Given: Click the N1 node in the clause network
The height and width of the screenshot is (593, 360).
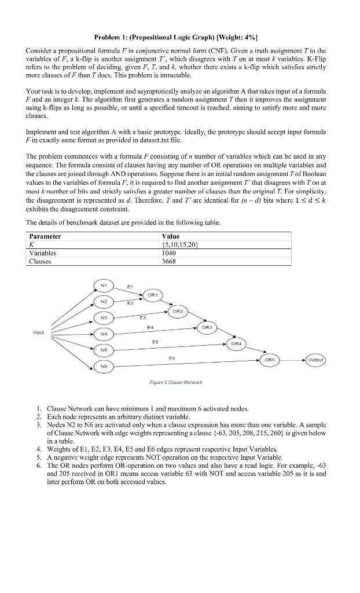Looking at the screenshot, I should click(x=103, y=285).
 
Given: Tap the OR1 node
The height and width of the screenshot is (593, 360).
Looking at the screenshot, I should click(x=152, y=295).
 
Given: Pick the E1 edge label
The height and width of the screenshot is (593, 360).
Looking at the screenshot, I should click(x=130, y=285).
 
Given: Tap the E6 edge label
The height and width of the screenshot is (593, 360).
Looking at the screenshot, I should click(x=172, y=358).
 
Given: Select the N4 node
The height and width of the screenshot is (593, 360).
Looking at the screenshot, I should click(x=103, y=334).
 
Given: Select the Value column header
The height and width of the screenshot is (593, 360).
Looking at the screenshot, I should click(x=171, y=236).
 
